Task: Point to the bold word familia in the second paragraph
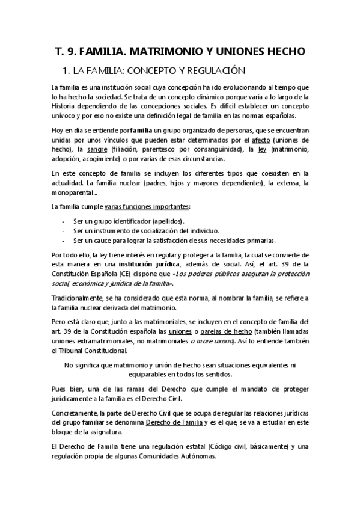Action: pyautogui.click(x=141, y=131)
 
